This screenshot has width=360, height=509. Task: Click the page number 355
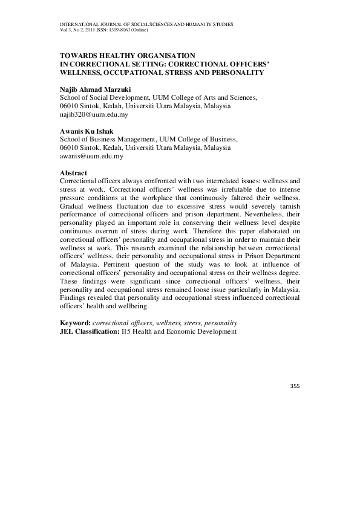(x=295, y=386)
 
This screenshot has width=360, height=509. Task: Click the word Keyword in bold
(x=76, y=323)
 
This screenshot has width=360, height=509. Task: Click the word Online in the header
(x=149, y=30)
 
